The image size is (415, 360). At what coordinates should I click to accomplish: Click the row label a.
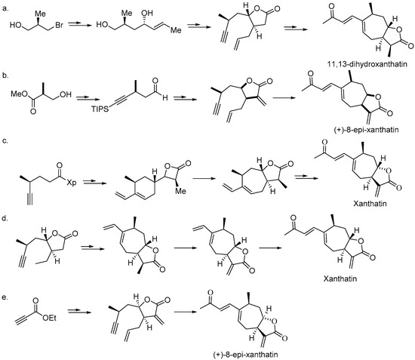point(6,6)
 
